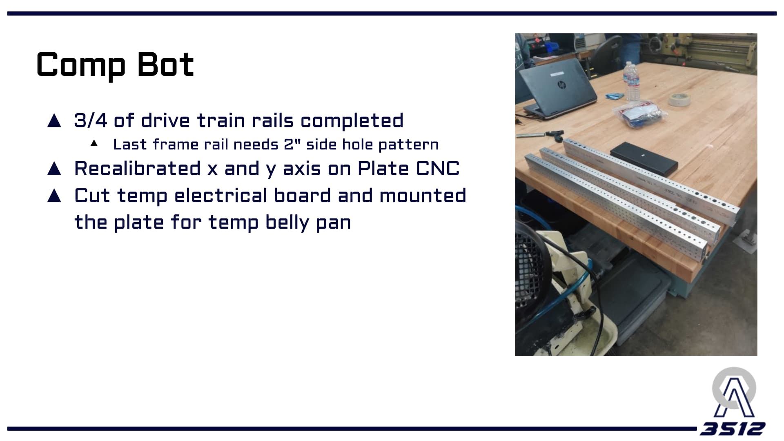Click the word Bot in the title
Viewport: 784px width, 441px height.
tap(165, 65)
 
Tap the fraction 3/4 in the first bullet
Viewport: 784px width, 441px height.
tap(90, 120)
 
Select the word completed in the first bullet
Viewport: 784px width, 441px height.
tap(352, 120)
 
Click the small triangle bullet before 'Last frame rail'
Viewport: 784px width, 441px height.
tap(94, 143)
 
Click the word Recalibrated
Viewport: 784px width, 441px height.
tap(138, 168)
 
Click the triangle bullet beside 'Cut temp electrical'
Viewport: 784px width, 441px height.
tap(54, 196)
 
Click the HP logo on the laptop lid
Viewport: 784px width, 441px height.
tap(562, 85)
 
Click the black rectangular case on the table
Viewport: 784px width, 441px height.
tap(644, 157)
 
